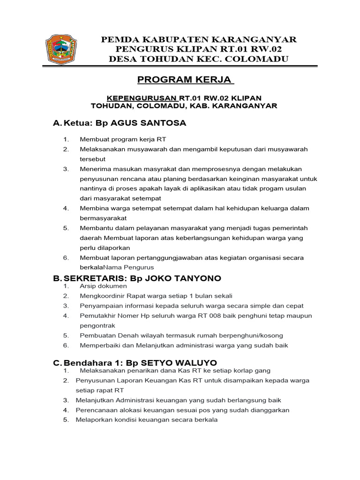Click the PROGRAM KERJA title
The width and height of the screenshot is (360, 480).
[x=185, y=80]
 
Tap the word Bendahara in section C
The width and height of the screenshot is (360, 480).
[x=85, y=363]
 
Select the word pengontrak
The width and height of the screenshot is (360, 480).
[x=97, y=325]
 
